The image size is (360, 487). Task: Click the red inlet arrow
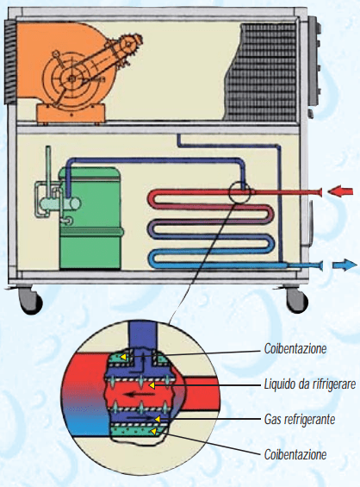coord(341,190)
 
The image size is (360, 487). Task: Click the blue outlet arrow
coord(344,265)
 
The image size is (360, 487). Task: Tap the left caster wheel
coord(31,300)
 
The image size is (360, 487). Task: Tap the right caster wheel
coord(297,300)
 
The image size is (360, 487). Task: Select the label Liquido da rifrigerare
coord(310,384)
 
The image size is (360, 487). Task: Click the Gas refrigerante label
coord(300,419)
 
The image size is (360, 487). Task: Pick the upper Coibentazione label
coord(295,349)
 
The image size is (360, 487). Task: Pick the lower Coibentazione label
coord(295,455)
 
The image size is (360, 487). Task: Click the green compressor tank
coord(90,218)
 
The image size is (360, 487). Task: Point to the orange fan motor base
coord(71,114)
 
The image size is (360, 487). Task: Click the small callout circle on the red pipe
coord(239,192)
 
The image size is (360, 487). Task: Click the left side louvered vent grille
coord(10,62)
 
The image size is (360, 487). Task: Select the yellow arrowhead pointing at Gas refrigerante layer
coord(158,420)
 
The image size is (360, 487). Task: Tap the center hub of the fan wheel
coord(71,79)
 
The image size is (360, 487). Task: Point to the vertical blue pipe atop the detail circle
coord(143,336)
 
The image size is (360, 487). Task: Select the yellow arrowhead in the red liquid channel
coord(152,385)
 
